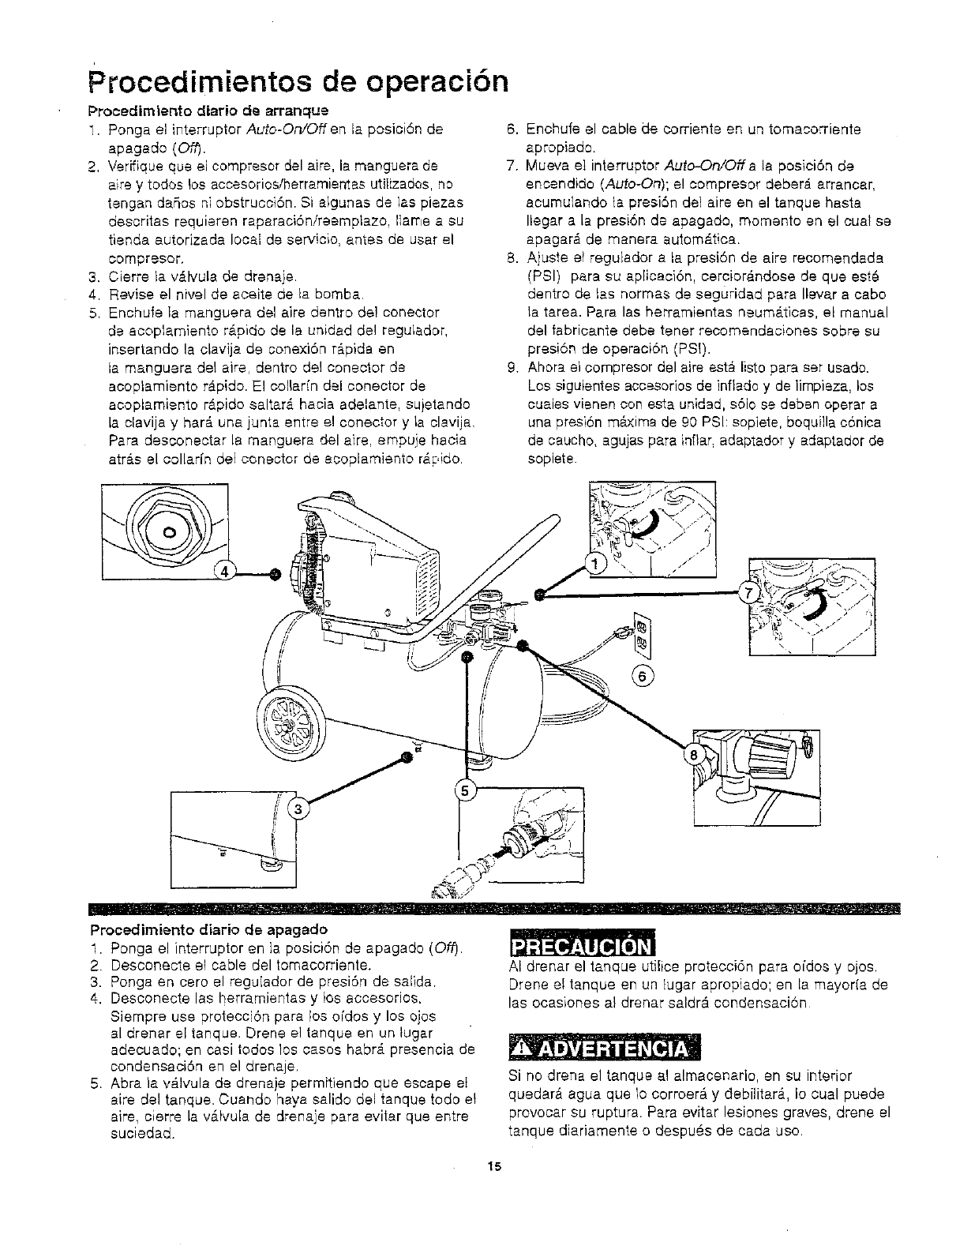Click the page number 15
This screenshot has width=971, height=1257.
pos(493,1165)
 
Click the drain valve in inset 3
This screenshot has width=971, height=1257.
pos(268,865)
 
